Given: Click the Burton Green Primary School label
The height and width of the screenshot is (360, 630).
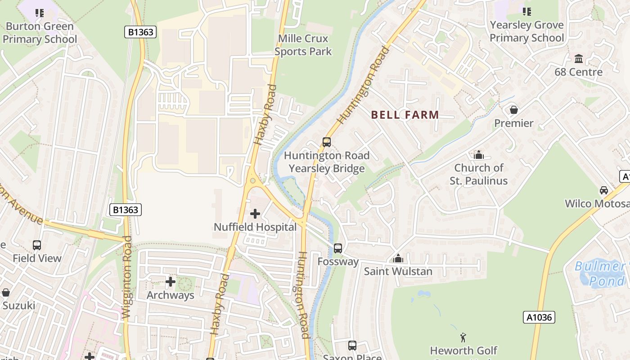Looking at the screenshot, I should (40, 33).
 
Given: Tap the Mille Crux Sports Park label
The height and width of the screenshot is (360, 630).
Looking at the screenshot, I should (303, 45).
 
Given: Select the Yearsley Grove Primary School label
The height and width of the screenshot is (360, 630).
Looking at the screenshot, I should (526, 31).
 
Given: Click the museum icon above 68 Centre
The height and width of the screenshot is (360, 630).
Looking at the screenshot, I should (579, 58).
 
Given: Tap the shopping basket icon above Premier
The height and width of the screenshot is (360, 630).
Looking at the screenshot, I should (513, 110).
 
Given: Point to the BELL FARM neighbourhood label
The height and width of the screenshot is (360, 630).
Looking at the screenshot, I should (405, 115).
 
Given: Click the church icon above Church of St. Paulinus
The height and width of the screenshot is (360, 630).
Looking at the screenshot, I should (479, 155).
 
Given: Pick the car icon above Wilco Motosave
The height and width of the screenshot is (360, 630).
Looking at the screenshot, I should (604, 190).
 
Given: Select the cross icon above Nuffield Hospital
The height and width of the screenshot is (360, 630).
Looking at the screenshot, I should (255, 214).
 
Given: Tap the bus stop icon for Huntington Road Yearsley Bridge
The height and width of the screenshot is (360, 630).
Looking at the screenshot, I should (327, 142).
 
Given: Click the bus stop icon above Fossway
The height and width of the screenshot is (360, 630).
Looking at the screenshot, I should (338, 248).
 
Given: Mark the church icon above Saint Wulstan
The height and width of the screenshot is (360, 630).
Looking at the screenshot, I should (398, 258).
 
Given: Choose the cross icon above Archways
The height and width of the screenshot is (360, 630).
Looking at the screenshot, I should (171, 282).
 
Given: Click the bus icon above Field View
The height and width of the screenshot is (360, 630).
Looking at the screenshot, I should (37, 245).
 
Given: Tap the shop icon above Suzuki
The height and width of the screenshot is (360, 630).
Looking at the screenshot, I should (6, 293).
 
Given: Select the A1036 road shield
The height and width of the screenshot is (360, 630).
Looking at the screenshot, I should (539, 317).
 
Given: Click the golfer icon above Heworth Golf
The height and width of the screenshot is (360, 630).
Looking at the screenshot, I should (463, 337).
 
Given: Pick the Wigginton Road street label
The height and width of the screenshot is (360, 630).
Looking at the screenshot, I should (127, 277).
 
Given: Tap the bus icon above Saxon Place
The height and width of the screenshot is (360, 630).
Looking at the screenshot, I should (352, 346).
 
